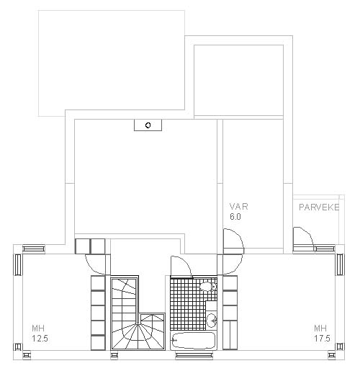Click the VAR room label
[x=238, y=207]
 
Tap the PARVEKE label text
[x=319, y=207]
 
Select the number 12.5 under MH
[x=40, y=339]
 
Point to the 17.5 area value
[x=322, y=339]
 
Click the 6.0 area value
[x=235, y=217]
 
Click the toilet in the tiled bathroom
[x=208, y=287]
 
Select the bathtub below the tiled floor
[x=194, y=341]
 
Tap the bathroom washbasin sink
[x=212, y=321]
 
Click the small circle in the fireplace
[x=148, y=125]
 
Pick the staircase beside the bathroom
[x=138, y=313]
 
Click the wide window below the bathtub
[x=194, y=355]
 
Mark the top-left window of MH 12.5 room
[x=34, y=249]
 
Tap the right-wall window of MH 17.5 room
[x=340, y=264]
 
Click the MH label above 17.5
[x=320, y=328]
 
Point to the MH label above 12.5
[x=38, y=328]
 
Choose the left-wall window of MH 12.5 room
[x=18, y=264]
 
